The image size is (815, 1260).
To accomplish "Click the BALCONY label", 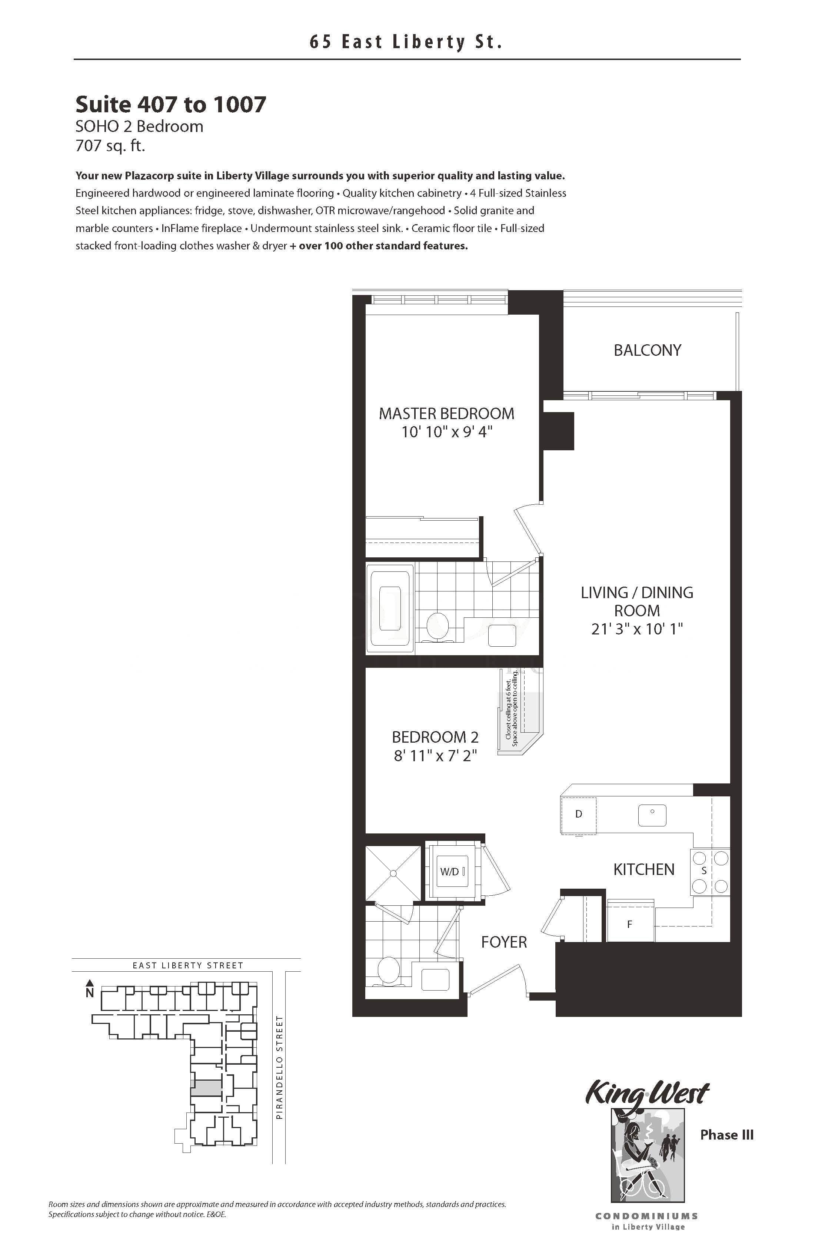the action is (647, 350).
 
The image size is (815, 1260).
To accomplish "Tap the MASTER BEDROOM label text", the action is (446, 414).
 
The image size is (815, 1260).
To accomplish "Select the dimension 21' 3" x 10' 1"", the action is (637, 629).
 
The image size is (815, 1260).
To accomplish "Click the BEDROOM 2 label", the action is (435, 737).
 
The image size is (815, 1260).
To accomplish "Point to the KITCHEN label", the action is (643, 869).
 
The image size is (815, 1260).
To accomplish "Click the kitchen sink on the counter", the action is (652, 815).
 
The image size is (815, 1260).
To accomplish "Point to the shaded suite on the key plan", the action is (206, 1088).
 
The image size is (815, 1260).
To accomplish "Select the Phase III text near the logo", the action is (726, 1134).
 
